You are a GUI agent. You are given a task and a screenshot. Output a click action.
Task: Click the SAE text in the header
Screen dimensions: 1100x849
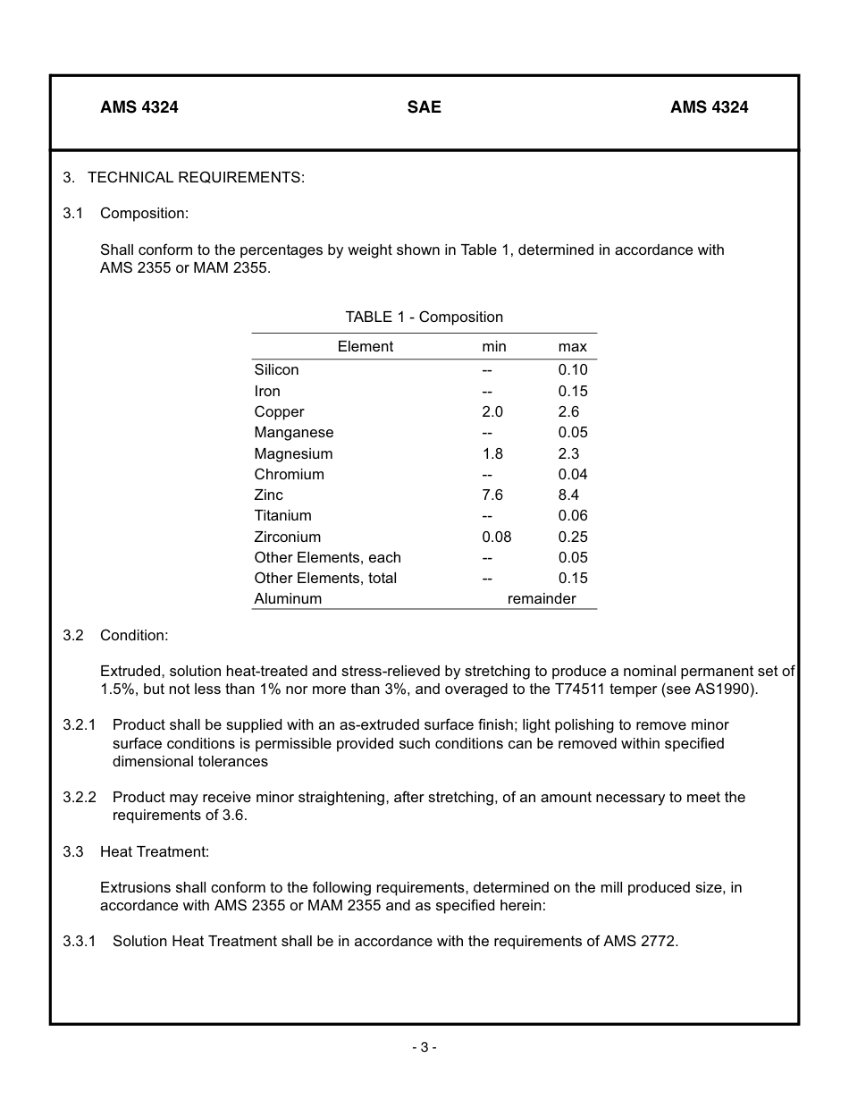[x=424, y=107]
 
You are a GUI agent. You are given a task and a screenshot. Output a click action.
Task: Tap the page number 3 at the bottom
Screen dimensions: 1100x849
[x=424, y=1047]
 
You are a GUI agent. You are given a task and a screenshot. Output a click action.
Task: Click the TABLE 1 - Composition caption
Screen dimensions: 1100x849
[x=424, y=317]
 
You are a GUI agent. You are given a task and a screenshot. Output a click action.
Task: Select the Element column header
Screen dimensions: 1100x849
[x=365, y=347]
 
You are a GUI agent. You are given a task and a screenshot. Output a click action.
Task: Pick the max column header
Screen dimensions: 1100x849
[x=572, y=347]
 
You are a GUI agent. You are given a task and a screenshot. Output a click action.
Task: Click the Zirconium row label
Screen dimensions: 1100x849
[x=287, y=537]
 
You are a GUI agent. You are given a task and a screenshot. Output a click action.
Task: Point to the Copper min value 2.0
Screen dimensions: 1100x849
[x=492, y=411]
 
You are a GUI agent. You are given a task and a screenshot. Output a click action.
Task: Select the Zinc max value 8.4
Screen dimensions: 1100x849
[x=568, y=495]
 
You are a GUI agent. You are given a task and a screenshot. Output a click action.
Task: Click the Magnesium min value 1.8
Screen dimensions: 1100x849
[x=492, y=453]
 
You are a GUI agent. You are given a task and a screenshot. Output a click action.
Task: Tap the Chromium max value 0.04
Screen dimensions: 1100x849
[x=573, y=474]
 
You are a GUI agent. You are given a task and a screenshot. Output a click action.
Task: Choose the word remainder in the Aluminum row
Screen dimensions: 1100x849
[x=542, y=598]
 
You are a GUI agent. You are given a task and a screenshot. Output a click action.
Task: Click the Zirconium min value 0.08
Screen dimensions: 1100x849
[x=496, y=537]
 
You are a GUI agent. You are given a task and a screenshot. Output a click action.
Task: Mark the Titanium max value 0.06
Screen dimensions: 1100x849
[x=573, y=515]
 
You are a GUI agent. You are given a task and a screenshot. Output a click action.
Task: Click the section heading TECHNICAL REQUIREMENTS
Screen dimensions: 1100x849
[x=196, y=177]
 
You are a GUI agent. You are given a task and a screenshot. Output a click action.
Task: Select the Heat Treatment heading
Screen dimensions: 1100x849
[x=154, y=851]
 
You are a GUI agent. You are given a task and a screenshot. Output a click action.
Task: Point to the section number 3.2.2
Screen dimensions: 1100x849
[x=80, y=797]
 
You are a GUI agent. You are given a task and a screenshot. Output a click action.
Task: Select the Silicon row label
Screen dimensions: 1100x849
[x=276, y=369]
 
